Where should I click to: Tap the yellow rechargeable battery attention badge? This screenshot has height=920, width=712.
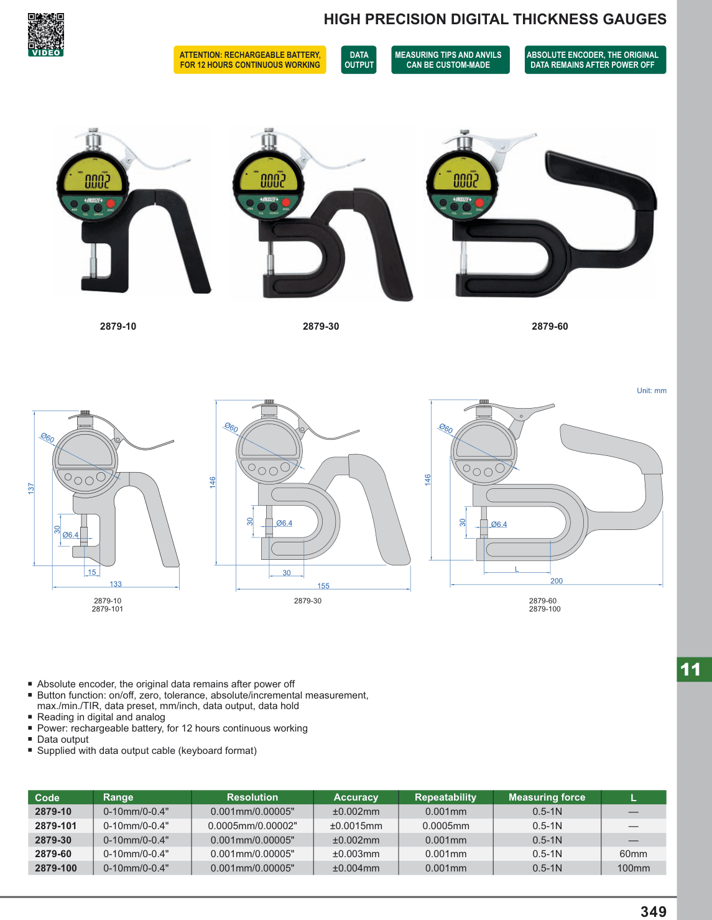(x=249, y=60)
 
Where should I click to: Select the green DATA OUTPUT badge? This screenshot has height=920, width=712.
(x=359, y=60)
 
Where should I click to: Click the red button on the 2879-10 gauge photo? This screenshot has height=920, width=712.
(x=111, y=203)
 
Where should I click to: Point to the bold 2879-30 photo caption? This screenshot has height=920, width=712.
(x=321, y=327)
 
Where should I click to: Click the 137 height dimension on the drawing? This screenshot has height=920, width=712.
(x=31, y=488)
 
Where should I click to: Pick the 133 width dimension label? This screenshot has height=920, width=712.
(x=116, y=584)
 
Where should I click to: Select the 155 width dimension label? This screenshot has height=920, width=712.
(x=323, y=585)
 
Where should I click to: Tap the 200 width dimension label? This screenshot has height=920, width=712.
(x=557, y=580)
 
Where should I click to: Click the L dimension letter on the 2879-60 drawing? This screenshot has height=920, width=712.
(x=517, y=569)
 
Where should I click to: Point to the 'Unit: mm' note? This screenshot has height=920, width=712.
(x=652, y=391)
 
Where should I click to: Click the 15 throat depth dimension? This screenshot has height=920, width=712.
(x=92, y=572)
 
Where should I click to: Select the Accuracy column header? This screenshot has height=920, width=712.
(x=356, y=797)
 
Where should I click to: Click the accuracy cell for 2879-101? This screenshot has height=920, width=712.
(x=356, y=825)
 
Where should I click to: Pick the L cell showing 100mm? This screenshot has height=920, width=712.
(x=633, y=868)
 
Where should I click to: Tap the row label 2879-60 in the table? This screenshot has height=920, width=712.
(x=53, y=853)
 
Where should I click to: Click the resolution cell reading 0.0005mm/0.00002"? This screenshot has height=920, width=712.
(x=252, y=825)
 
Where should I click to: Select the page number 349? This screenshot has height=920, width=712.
(x=653, y=911)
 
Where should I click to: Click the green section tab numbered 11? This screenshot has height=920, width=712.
(x=694, y=669)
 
